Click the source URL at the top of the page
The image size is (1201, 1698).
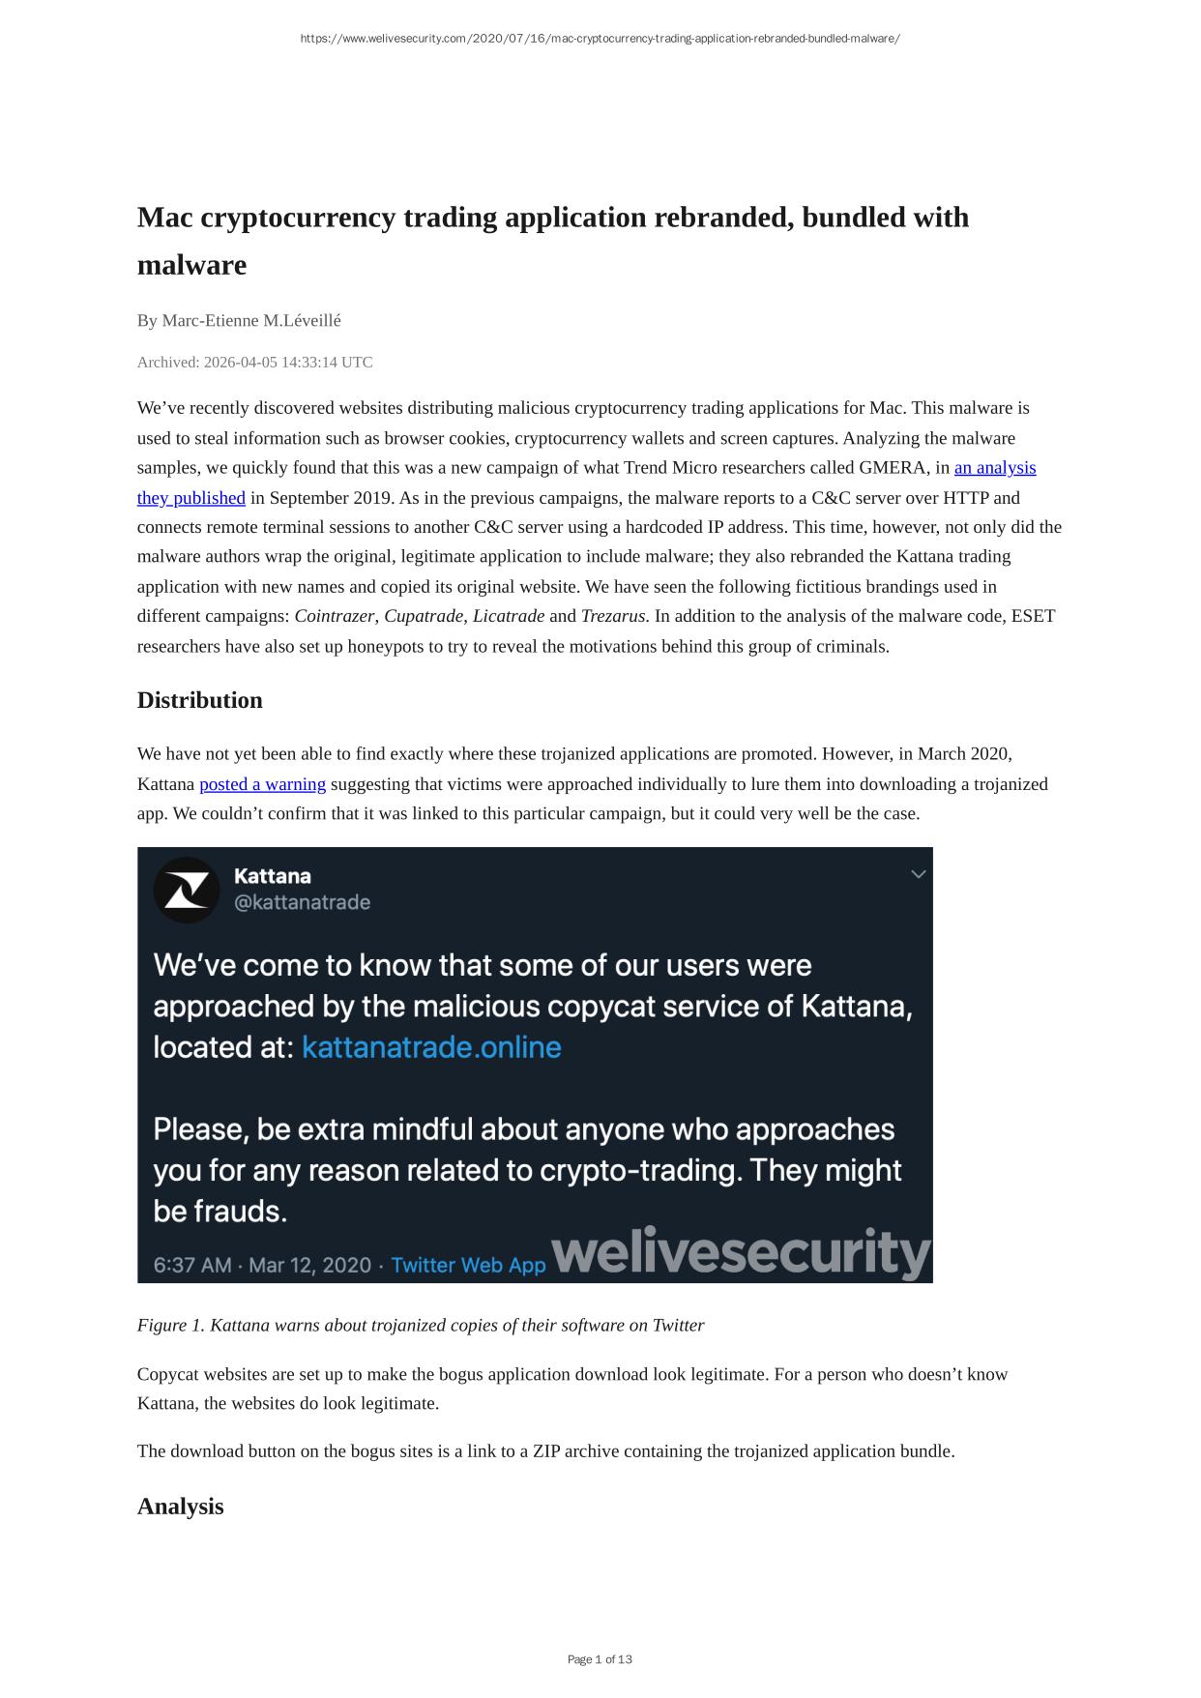click(600, 39)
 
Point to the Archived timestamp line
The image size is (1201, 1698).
click(254, 363)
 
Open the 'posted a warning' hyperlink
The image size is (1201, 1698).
click(262, 784)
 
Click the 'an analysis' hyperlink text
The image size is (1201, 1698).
click(994, 468)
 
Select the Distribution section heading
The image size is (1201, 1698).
click(199, 700)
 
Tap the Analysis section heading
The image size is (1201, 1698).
click(180, 1507)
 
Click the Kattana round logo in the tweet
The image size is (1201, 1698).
click(187, 890)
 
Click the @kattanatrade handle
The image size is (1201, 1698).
click(302, 902)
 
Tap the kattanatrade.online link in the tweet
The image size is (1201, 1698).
click(431, 1047)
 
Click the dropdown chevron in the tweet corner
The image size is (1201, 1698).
click(919, 874)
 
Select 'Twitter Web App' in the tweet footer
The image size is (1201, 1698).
click(468, 1265)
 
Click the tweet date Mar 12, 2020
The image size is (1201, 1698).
click(309, 1265)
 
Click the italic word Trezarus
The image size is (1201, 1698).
click(613, 616)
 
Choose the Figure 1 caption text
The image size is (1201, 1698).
click(421, 1325)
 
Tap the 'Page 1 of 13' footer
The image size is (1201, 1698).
click(600, 1659)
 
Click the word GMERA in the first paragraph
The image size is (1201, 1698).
click(894, 468)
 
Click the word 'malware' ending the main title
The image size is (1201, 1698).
click(191, 265)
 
